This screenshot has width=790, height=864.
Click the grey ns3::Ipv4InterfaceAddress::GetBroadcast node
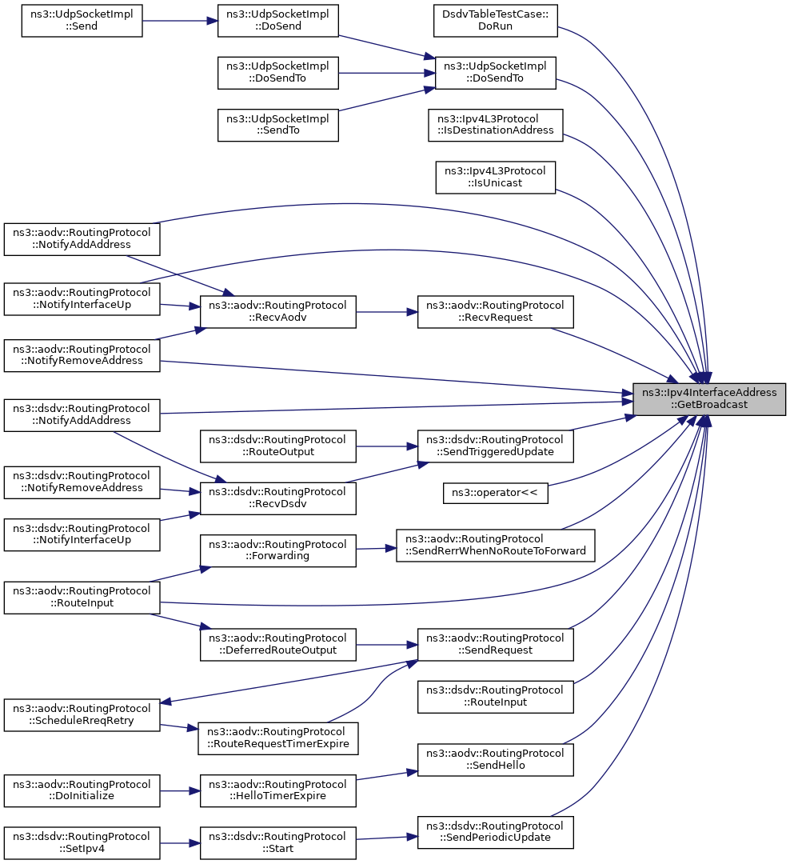click(709, 399)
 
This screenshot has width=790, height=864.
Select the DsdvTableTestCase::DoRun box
click(495, 21)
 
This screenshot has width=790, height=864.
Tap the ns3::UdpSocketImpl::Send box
click(82, 21)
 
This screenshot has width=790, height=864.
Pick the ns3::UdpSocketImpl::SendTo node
click(277, 125)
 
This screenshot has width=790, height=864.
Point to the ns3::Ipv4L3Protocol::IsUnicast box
click(495, 178)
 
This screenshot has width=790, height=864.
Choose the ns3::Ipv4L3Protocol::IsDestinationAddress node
click(495, 125)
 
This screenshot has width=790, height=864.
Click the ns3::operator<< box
click(495, 493)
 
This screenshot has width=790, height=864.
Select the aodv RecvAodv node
click(277, 312)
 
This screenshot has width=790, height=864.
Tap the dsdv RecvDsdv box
click(277, 498)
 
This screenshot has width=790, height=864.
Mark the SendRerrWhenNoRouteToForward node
click(495, 546)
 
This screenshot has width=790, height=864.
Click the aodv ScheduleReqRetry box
click(82, 715)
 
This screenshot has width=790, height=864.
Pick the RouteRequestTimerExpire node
click(277, 738)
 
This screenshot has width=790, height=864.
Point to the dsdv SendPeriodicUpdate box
click(495, 832)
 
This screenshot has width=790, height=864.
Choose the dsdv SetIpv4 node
click(82, 843)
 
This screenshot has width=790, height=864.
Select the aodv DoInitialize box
click(82, 790)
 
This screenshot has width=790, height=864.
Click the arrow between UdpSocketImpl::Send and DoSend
click(180, 21)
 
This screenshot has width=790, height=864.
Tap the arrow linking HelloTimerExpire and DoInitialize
click(180, 790)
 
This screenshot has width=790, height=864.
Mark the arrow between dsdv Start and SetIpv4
click(180, 843)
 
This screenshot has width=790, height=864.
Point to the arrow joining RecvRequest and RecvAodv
click(387, 312)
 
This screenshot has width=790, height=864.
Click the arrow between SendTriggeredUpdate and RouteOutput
click(387, 446)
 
